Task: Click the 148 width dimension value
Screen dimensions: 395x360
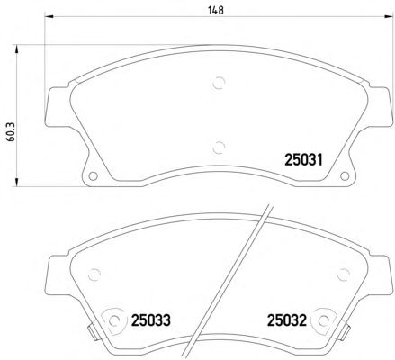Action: [x=216, y=11]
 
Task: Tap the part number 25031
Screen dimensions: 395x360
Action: [x=303, y=159]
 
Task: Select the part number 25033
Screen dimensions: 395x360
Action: [x=151, y=320]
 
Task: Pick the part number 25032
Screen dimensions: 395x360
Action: [x=287, y=320]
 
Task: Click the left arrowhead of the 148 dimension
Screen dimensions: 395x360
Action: [x=49, y=16]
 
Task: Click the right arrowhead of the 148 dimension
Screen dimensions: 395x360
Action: [x=389, y=16]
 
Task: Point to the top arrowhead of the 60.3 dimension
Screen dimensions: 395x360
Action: [x=16, y=49]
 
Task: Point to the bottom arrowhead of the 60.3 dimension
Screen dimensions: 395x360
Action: [x=16, y=182]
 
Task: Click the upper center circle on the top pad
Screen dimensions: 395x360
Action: [x=219, y=83]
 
